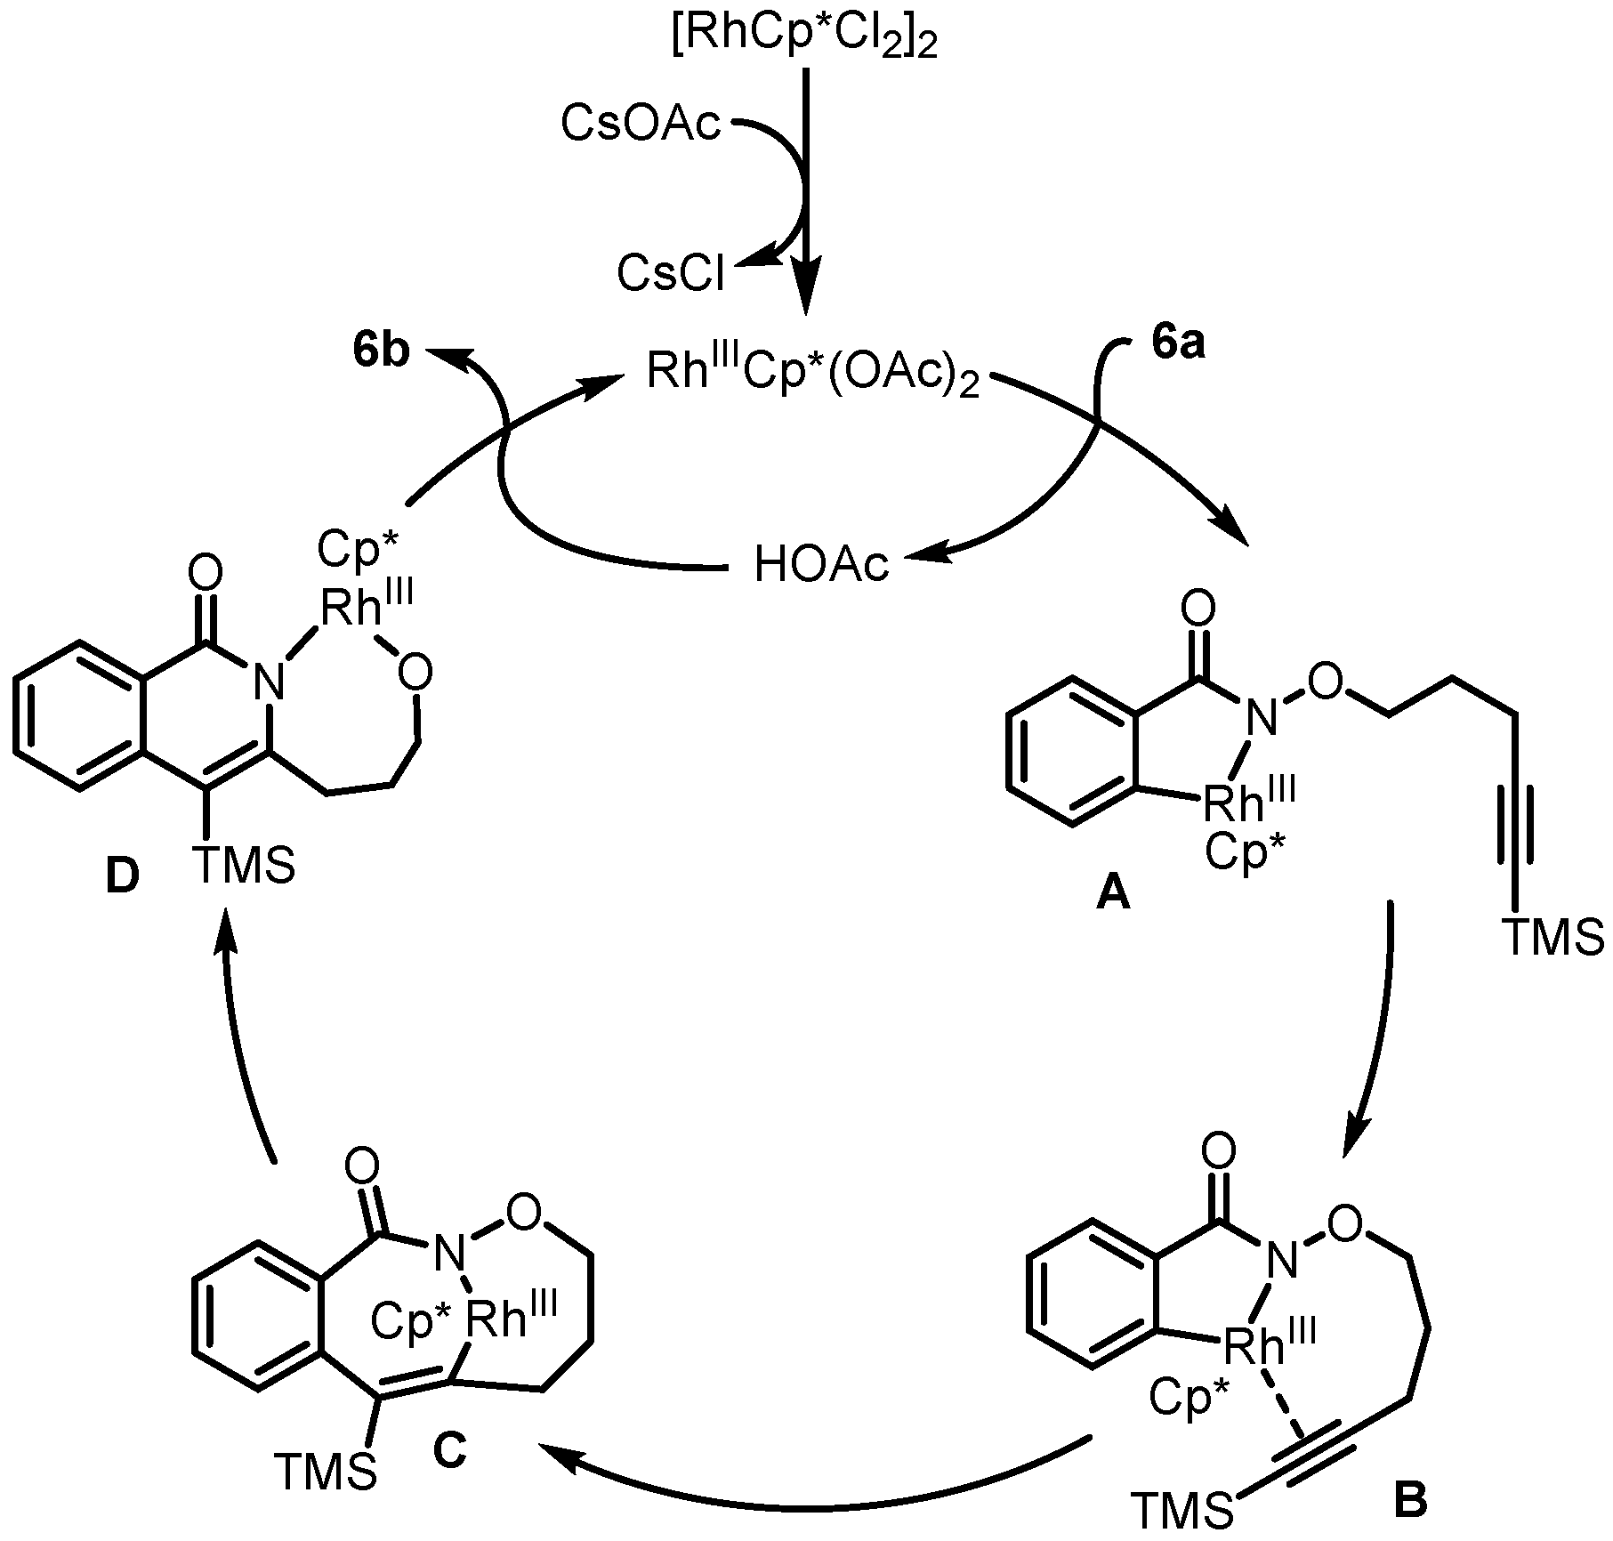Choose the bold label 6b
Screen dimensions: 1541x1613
pyautogui.click(x=381, y=351)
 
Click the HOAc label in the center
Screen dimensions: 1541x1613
pyautogui.click(x=820, y=564)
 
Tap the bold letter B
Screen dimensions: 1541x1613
pyautogui.click(x=1408, y=1498)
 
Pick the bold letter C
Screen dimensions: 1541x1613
pyautogui.click(x=449, y=1450)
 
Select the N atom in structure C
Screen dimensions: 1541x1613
pyautogui.click(x=448, y=1255)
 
